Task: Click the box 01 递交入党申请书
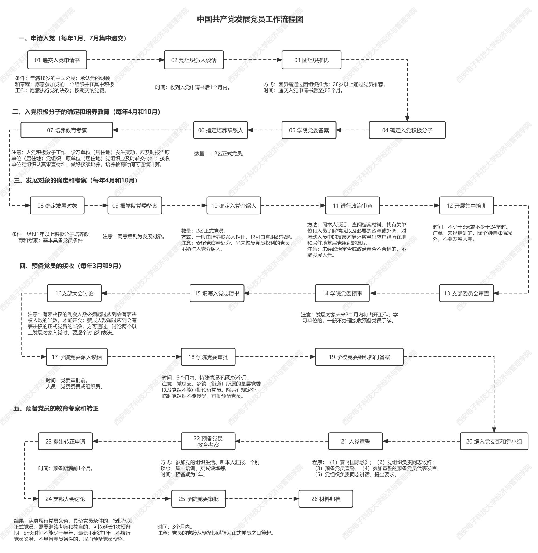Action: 57,60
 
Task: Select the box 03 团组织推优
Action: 311,60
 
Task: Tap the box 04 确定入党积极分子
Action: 407,130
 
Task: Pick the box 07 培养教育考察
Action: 67,130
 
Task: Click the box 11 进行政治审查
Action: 352,206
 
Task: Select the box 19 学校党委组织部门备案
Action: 359,357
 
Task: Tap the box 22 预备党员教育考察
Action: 208,441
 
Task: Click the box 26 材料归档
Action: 325,499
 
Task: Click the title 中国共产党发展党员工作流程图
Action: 250,19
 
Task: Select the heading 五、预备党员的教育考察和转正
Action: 56,408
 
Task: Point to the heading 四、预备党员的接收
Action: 71,266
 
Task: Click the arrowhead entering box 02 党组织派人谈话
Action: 162,60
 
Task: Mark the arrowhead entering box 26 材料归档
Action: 296,499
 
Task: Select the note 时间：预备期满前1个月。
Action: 66,468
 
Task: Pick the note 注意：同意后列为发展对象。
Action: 134,236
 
